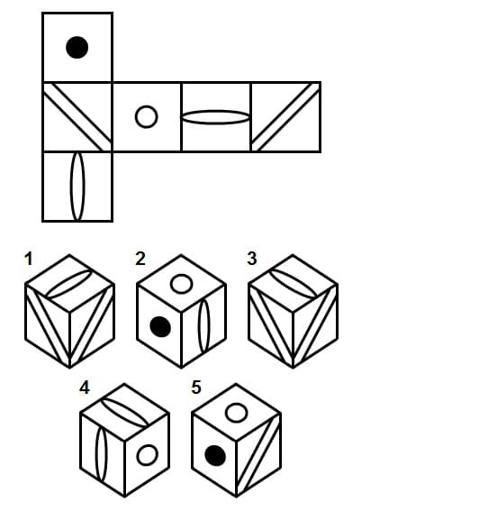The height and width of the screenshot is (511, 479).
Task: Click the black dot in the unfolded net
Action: [77, 47]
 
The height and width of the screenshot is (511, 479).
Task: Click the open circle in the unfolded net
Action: [147, 116]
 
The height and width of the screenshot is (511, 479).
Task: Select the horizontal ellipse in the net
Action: [215, 117]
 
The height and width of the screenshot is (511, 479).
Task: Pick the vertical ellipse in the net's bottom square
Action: [77, 187]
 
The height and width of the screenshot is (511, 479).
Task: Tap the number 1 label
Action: [29, 259]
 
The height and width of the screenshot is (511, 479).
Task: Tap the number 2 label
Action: [140, 259]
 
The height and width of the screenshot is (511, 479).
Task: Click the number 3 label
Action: [252, 259]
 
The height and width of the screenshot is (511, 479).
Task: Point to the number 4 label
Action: [85, 388]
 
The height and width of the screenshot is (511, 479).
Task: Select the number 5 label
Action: [196, 388]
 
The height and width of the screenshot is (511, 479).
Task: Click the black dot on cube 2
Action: [160, 326]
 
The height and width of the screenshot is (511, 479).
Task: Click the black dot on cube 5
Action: [215, 456]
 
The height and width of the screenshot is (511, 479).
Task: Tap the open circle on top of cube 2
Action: [181, 284]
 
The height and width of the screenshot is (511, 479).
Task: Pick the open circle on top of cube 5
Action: [237, 413]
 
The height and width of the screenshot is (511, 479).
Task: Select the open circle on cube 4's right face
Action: [148, 455]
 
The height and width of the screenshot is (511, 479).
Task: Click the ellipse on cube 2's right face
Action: [204, 326]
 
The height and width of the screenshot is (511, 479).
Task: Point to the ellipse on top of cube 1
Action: [69, 284]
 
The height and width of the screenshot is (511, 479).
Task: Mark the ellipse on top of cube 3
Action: [293, 284]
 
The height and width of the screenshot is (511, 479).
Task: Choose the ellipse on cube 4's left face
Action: [101, 454]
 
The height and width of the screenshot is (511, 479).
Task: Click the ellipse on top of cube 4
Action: [124, 413]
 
